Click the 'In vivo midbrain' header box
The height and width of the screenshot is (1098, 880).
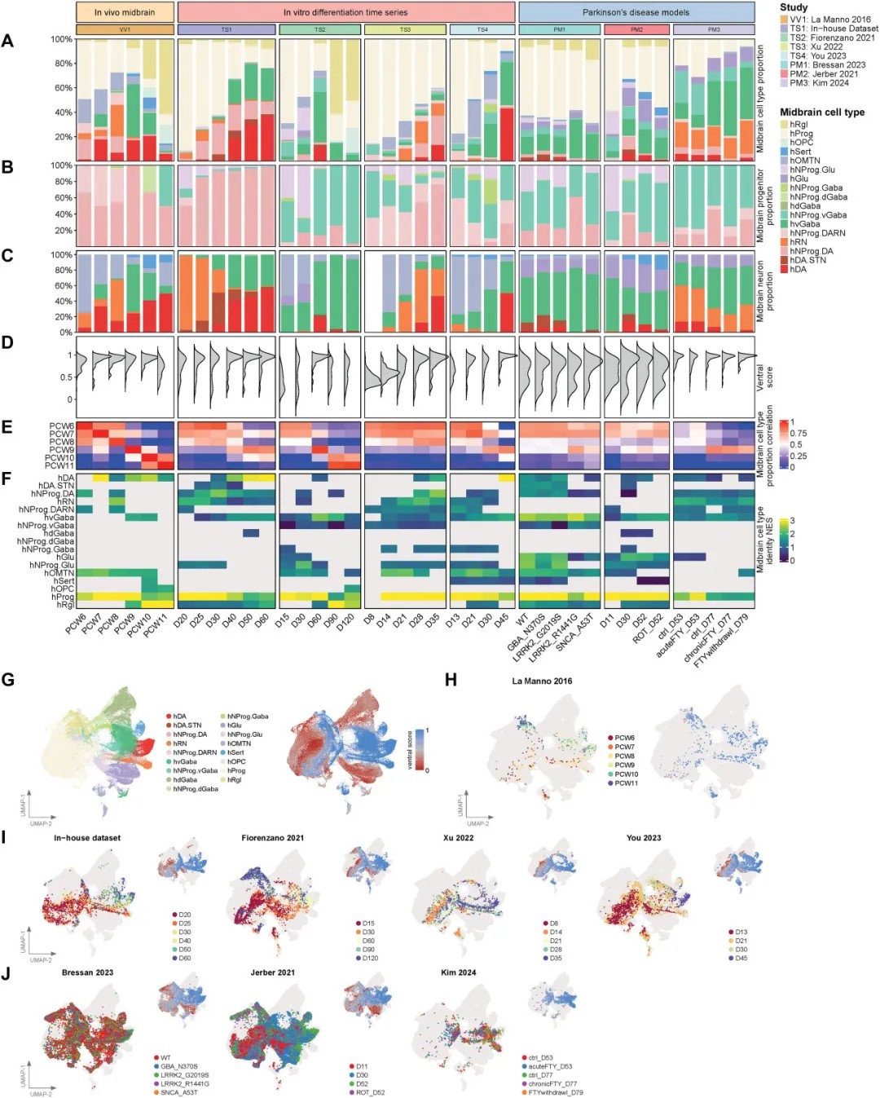coord(125,12)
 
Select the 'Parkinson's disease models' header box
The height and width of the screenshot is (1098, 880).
coord(636,12)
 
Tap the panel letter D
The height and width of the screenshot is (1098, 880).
coord(7,342)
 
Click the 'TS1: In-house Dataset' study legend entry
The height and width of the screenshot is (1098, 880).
coord(828,29)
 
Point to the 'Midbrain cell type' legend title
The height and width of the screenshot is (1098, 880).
coord(821,112)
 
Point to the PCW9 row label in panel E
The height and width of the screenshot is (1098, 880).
coord(61,450)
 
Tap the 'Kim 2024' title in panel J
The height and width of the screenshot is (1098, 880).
coord(458,972)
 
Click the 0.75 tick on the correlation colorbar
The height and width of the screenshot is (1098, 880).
coord(798,434)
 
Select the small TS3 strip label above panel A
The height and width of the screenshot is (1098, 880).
coord(405,29)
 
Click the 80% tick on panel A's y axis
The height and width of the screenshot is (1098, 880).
coord(63,64)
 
